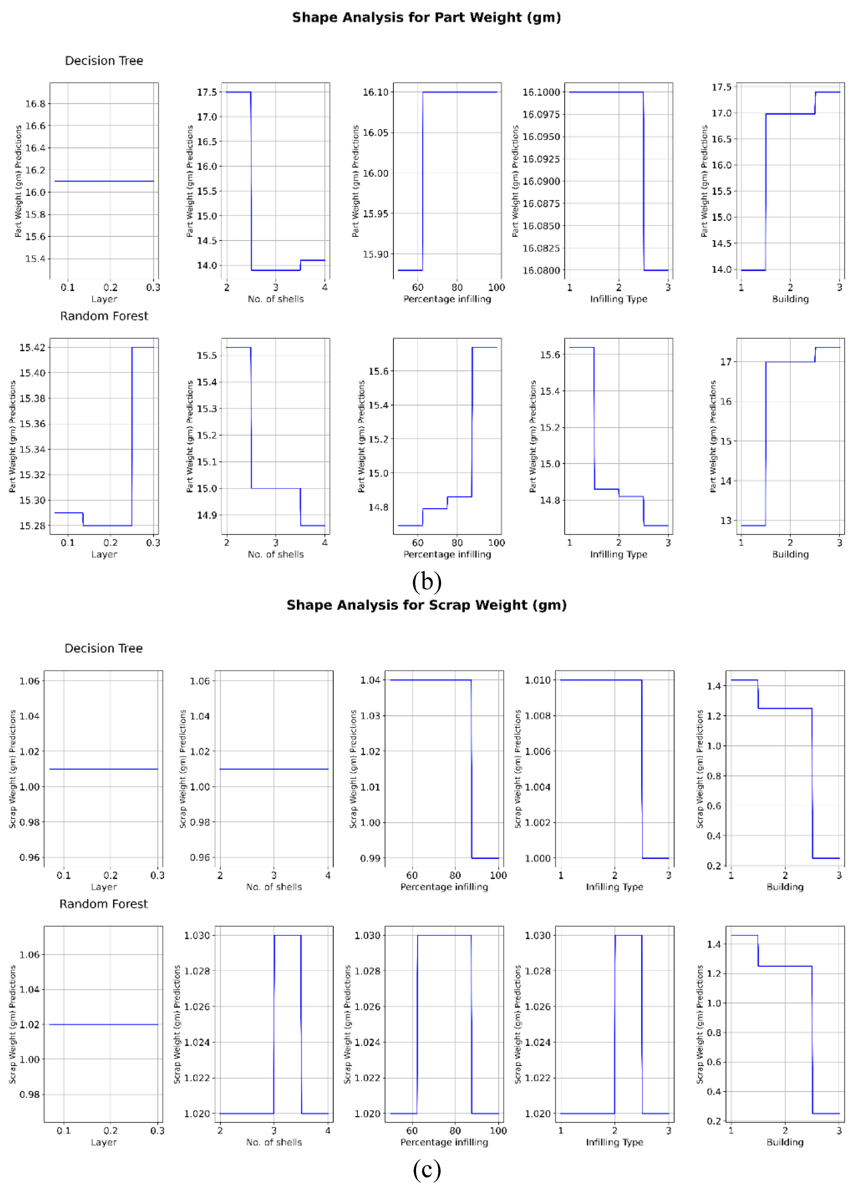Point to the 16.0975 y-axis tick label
(541, 115)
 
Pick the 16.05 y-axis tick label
(376, 133)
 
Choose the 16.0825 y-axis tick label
(541, 248)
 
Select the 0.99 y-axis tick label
(370, 859)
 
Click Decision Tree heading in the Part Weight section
(104, 61)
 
